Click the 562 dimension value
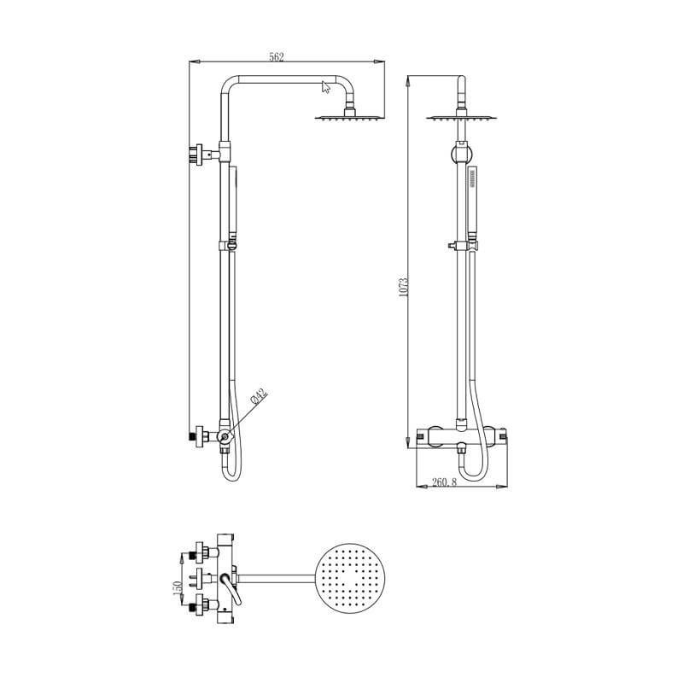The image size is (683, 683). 276,56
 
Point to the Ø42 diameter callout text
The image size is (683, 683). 259,396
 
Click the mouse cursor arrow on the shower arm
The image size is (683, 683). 325,85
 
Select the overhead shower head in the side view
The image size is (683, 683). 348,117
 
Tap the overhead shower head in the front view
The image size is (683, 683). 462,117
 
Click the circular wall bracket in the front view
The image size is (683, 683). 461,155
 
